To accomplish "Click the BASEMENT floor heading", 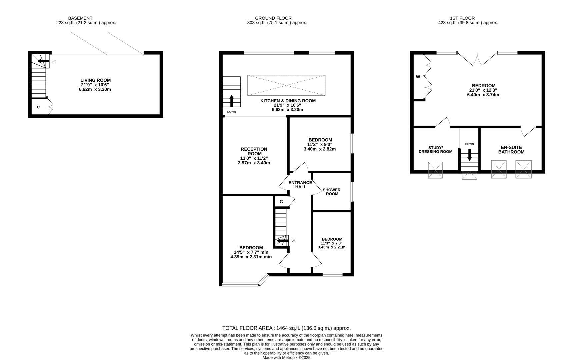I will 80,18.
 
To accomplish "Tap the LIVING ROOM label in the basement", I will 95,80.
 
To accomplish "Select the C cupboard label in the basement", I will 38,107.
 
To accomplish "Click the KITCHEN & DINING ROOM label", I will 288,101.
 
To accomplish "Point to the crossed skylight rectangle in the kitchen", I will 286,85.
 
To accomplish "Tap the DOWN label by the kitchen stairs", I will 231,112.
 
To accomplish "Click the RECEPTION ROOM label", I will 254,151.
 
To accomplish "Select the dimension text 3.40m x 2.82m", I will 320,149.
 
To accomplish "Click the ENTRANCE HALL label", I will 300,185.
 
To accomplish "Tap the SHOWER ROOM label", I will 331,192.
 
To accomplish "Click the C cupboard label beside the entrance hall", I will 281,202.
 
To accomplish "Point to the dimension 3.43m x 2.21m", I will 331,247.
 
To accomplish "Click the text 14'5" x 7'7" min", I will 251,252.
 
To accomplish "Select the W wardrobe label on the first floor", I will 418,77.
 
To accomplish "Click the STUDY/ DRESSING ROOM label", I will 435,149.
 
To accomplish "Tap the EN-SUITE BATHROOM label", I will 511,150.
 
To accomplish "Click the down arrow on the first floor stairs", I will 469,155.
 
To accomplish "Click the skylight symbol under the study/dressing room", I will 435,170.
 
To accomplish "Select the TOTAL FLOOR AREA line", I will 286,328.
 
